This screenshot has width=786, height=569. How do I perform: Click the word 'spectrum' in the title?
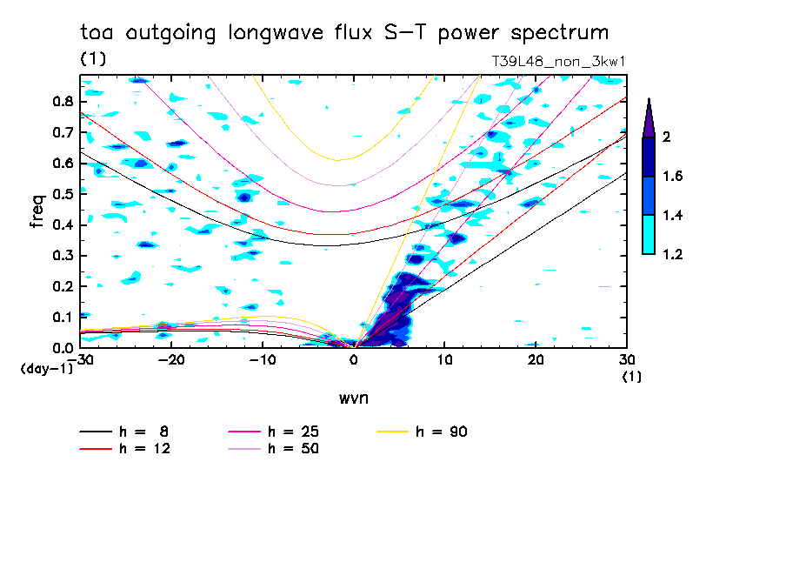tap(563, 33)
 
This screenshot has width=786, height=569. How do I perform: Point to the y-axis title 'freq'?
tap(37, 211)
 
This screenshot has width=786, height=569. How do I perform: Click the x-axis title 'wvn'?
tap(353, 398)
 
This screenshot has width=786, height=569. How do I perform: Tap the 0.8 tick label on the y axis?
tap(62, 101)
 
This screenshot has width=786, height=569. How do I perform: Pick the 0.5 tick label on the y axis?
tap(62, 194)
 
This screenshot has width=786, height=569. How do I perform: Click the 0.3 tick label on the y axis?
tap(62, 256)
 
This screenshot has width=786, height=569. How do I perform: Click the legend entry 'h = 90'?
tap(442, 432)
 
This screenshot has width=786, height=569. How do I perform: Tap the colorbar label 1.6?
tap(673, 176)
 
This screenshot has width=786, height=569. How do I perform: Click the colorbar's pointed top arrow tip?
tap(648, 100)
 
